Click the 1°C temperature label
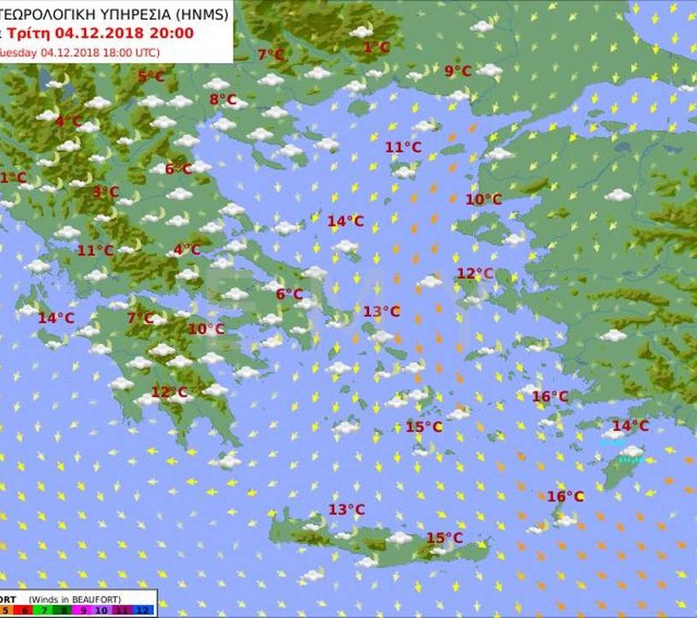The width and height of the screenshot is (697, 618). [376, 48]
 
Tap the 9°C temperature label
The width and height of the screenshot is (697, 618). [457, 71]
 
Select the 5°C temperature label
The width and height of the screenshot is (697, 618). [151, 77]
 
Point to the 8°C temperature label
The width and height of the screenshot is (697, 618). [223, 99]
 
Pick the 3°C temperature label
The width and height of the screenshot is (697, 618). [105, 192]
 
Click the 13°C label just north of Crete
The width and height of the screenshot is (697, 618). [346, 509]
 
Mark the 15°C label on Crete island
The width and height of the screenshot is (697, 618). [445, 537]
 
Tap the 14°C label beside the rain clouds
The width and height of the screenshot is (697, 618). [631, 426]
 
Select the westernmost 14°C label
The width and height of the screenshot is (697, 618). [55, 318]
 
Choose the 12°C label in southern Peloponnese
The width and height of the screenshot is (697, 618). [169, 392]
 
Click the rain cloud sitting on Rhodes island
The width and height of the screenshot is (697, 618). [630, 454]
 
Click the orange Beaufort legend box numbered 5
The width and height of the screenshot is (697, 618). [5, 609]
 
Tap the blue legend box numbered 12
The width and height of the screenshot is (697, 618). [142, 609]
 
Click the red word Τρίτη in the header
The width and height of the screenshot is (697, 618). [30, 34]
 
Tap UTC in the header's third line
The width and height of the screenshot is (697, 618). [140, 51]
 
